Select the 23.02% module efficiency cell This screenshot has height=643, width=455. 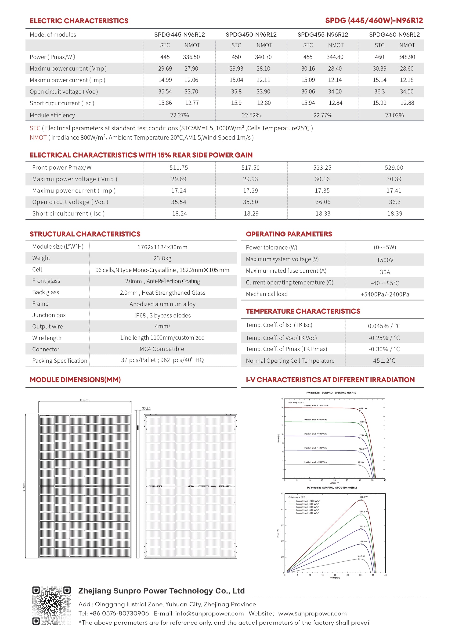click(394, 115)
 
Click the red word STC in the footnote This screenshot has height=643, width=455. click(35, 128)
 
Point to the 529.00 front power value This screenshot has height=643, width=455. click(394, 168)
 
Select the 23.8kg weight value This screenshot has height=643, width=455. click(162, 258)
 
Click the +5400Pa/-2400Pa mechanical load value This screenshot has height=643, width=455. click(385, 294)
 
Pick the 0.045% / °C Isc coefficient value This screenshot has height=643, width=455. click(384, 326)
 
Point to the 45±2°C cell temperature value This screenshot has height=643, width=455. click(384, 361)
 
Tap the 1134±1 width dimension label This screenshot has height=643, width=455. click(85, 400)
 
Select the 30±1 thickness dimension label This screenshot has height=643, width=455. click(146, 408)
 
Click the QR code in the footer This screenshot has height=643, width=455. click(51, 605)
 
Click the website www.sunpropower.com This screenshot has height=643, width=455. click(312, 614)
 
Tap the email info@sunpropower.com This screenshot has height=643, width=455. click(209, 614)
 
